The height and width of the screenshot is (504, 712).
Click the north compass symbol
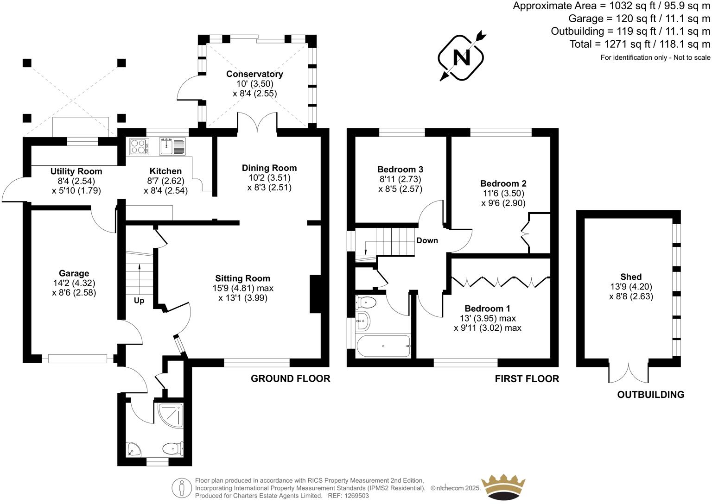point(461,57)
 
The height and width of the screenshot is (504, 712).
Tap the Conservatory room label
point(254,74)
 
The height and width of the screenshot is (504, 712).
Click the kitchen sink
point(167,147)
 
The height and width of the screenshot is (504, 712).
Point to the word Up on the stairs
point(139,301)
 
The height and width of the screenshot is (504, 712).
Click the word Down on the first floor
point(427,240)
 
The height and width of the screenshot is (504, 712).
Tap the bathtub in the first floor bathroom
point(383,346)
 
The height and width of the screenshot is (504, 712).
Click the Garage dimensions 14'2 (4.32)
point(74,283)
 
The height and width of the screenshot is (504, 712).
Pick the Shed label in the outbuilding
point(631,277)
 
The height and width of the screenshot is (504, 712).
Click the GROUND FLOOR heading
point(290,378)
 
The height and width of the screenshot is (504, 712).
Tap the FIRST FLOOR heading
point(527,379)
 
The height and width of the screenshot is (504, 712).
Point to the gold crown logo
point(503,488)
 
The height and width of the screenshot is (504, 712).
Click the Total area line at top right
point(640,44)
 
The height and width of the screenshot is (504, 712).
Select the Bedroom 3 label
point(400,169)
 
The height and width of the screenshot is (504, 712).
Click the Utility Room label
point(76,171)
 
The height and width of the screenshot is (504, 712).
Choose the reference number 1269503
point(356,496)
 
